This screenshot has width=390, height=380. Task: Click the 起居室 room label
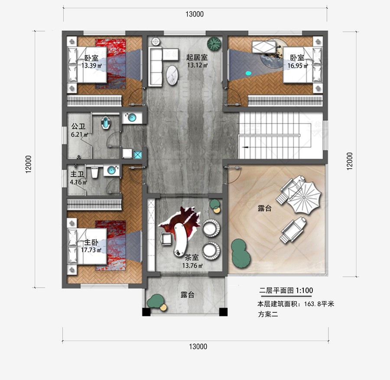[197, 57]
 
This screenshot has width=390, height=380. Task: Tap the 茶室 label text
[192, 257]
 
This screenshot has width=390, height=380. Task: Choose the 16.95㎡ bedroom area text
[297, 66]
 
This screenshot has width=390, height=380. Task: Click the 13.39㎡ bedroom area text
[91, 66]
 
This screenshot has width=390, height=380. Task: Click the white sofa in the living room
[155, 65]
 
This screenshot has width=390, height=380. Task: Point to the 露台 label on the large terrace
[264, 209]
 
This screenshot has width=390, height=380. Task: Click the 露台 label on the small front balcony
[187, 295]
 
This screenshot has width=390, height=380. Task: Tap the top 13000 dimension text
[195, 14]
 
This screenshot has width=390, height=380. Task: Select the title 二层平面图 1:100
[286, 290]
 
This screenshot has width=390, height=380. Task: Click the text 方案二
[267, 314]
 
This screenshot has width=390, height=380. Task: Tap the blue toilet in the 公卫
[106, 124]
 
